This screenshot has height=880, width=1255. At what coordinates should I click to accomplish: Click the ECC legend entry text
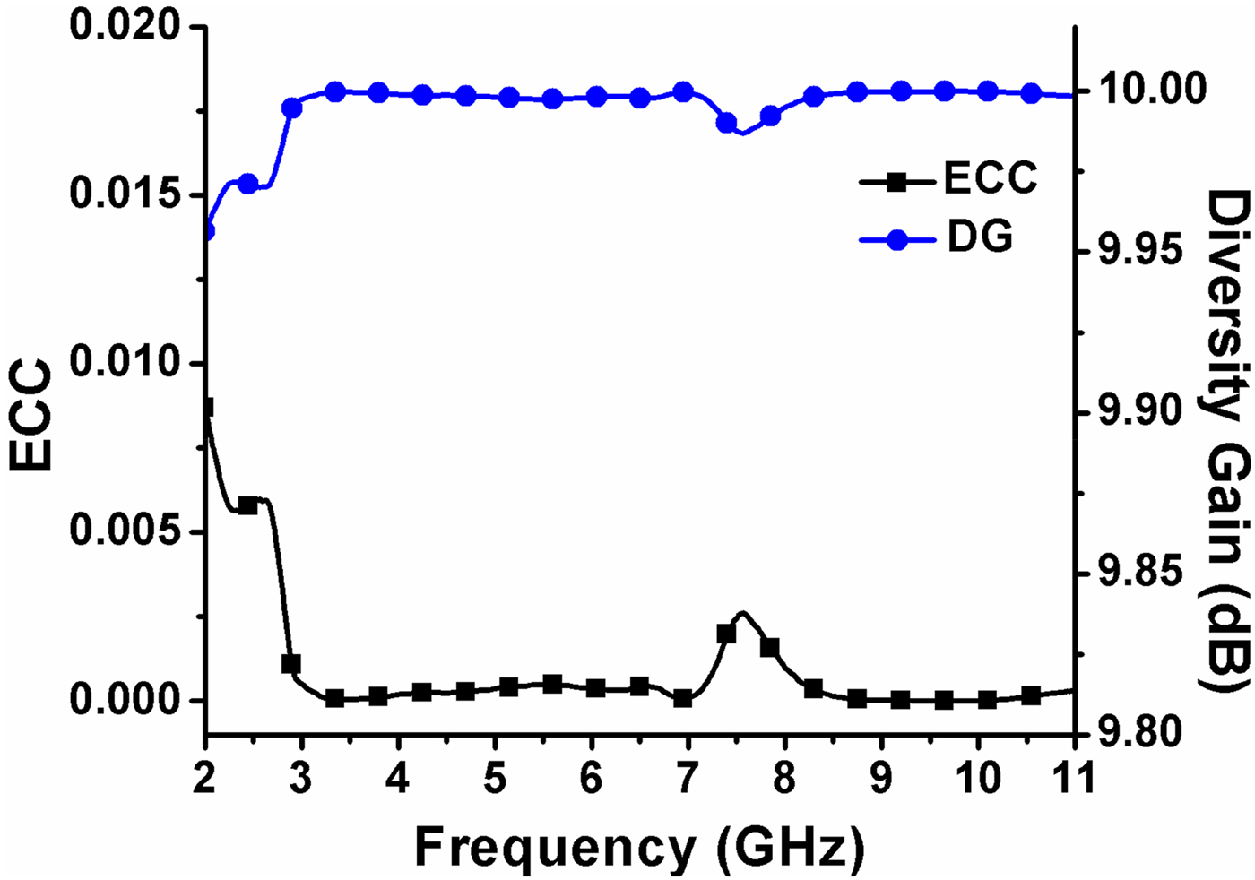(990, 178)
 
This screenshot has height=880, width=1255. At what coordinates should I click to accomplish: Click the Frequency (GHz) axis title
(639, 845)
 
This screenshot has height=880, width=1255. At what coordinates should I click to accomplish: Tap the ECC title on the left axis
(32, 414)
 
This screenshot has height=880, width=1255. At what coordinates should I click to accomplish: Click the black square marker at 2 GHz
(207, 409)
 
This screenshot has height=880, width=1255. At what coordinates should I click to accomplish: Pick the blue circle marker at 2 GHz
(208, 231)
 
